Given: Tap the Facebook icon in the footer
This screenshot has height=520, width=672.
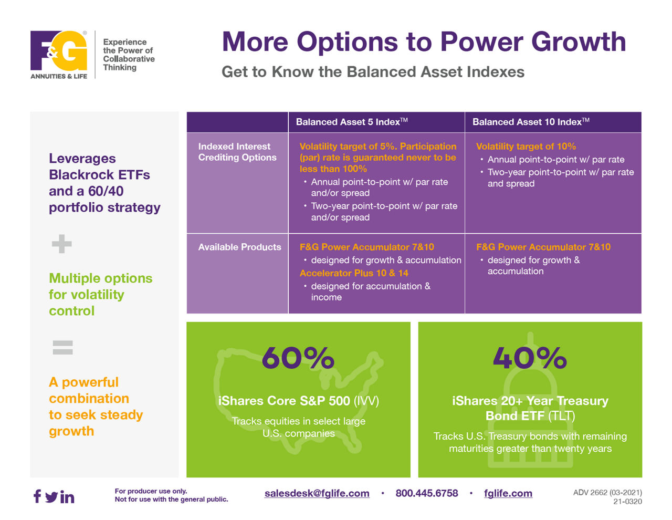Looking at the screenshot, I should [x=37, y=496].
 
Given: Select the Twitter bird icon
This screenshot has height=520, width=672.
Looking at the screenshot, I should [x=51, y=496].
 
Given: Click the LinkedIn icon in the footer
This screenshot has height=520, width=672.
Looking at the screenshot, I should [x=67, y=496].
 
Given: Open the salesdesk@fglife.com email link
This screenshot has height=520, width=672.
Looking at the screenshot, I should [x=317, y=493].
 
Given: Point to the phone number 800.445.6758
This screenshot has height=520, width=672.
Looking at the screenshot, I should [x=426, y=493].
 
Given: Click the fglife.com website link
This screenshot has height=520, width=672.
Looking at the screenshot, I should [x=508, y=493].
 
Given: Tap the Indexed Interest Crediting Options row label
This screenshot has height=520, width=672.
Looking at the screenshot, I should [x=237, y=152].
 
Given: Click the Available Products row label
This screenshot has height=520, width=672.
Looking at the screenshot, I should [x=239, y=247].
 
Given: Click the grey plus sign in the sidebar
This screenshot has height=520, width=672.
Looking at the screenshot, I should [x=62, y=244].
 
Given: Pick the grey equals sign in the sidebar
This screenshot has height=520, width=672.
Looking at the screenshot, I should [x=62, y=347].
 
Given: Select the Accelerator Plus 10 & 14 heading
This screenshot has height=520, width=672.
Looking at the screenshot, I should [x=354, y=273].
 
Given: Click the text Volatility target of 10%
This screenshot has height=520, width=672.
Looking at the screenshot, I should [x=526, y=147].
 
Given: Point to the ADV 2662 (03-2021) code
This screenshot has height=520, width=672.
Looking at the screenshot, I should [x=607, y=493].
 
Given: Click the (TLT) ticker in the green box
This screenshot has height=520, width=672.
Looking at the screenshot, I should [x=561, y=416].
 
